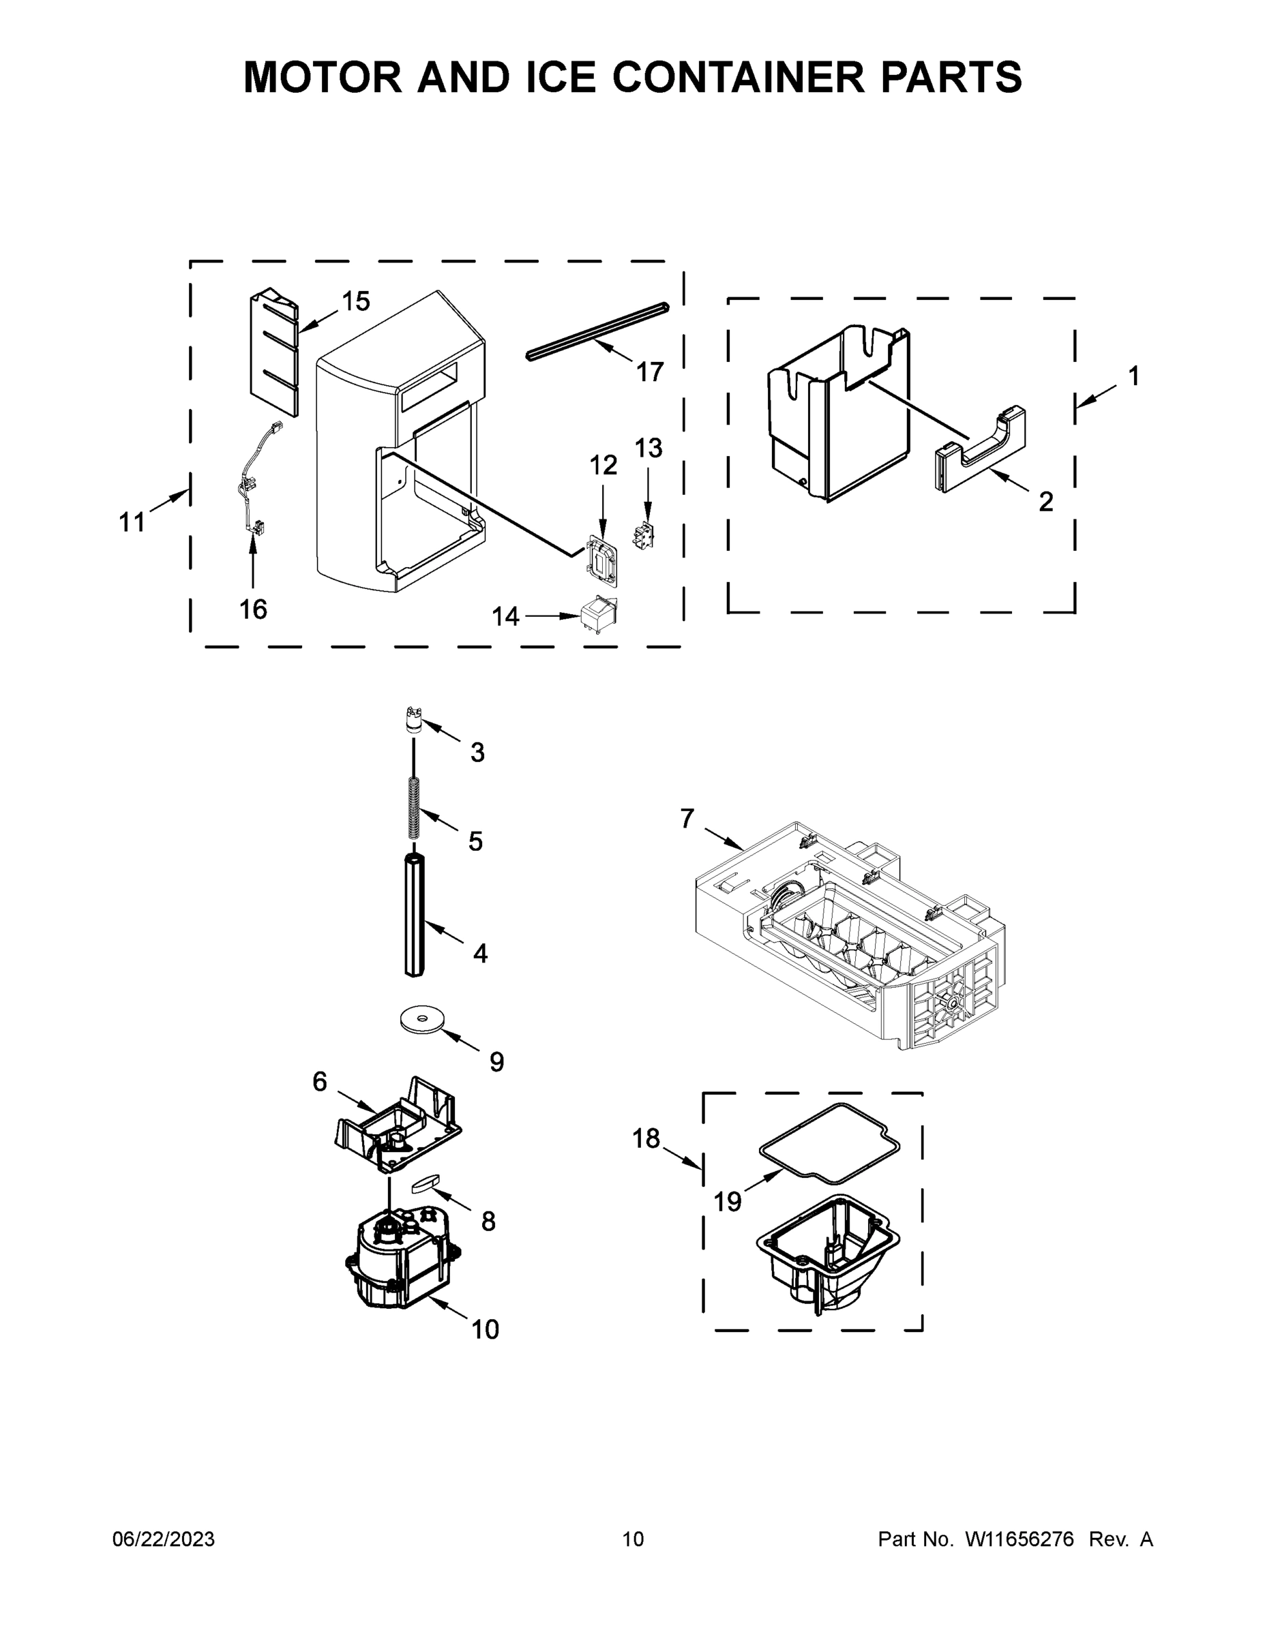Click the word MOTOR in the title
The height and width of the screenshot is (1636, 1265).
323,78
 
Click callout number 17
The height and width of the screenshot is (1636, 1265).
650,372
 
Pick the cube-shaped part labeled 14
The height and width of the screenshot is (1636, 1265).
599,615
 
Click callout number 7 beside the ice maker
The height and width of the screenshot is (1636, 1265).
687,819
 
